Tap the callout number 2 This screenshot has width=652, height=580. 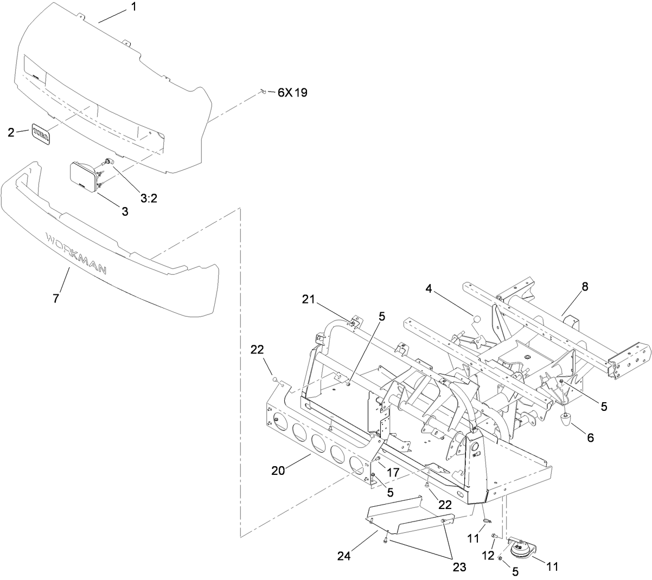(x=11, y=132)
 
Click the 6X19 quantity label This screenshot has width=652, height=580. (x=292, y=93)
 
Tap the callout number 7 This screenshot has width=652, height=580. (x=56, y=298)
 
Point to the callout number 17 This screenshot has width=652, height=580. (x=393, y=473)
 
